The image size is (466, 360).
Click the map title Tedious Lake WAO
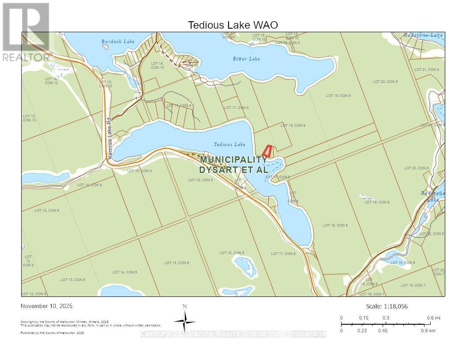(x=233, y=25)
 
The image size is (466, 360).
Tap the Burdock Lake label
(x=118, y=41)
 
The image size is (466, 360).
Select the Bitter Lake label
(x=246, y=59)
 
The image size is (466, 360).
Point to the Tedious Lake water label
(x=229, y=144)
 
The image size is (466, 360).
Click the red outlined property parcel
(x=267, y=152)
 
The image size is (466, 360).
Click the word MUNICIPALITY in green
(x=233, y=160)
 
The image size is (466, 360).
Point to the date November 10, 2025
(x=47, y=306)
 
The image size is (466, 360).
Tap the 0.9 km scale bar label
(x=428, y=330)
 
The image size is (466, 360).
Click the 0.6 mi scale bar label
(x=433, y=318)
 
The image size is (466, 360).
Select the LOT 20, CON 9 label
(x=385, y=82)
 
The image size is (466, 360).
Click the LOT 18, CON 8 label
(x=335, y=225)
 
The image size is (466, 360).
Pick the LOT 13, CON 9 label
(x=47, y=210)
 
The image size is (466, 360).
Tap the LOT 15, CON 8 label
(x=177, y=263)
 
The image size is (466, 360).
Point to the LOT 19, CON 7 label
(x=413, y=285)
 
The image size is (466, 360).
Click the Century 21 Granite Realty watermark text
(x=233, y=334)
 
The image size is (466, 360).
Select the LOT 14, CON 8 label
(x=124, y=272)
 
